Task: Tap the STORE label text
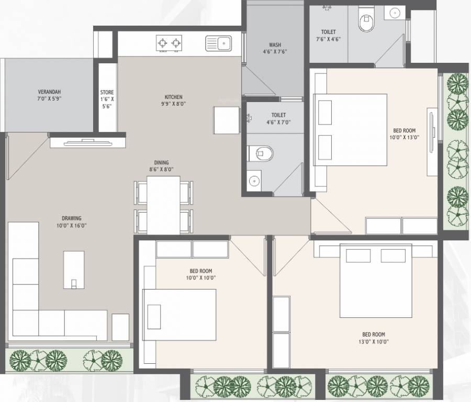[107, 93]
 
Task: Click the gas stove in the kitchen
[169, 42]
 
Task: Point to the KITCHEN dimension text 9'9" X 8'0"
[173, 104]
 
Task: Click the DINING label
[161, 163]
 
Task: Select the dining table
[163, 205]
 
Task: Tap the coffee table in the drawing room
[74, 269]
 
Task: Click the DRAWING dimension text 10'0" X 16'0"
[71, 225]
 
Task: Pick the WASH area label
[275, 45]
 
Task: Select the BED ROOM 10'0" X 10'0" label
[201, 274]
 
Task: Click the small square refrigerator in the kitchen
[226, 120]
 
